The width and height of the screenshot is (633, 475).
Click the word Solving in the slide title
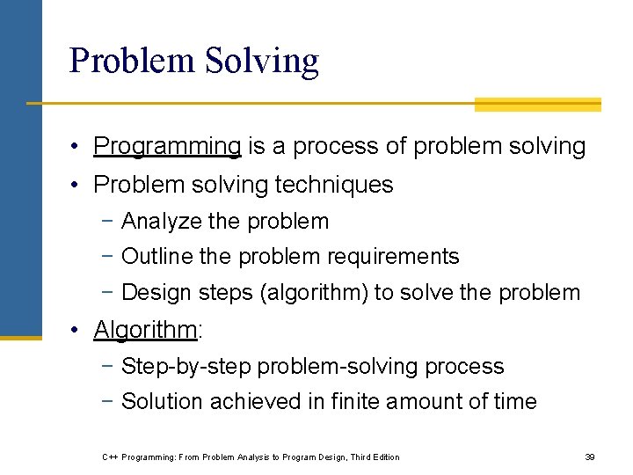[x=262, y=61]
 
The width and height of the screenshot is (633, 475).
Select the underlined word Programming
[x=167, y=146]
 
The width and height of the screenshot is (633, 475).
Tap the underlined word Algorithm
[x=145, y=330]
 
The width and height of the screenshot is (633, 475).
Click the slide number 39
[x=590, y=457]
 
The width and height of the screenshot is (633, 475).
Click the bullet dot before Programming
[x=79, y=146]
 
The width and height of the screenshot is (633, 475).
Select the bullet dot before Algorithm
[x=79, y=330]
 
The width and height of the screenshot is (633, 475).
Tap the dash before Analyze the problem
[x=107, y=222]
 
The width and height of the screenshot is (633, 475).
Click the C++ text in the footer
[x=110, y=457]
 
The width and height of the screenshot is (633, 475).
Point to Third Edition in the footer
[x=375, y=457]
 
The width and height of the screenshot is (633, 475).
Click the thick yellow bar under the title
[x=537, y=105]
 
